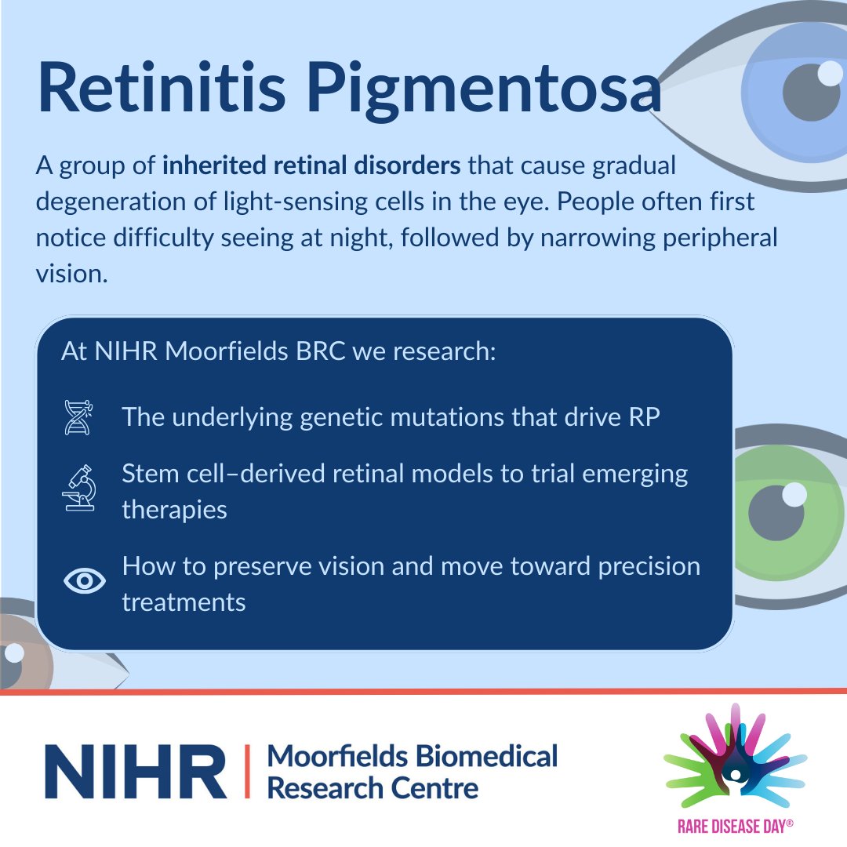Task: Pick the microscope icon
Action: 78,488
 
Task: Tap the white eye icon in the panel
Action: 83,580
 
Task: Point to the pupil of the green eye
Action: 776,514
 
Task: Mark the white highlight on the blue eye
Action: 830,75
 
